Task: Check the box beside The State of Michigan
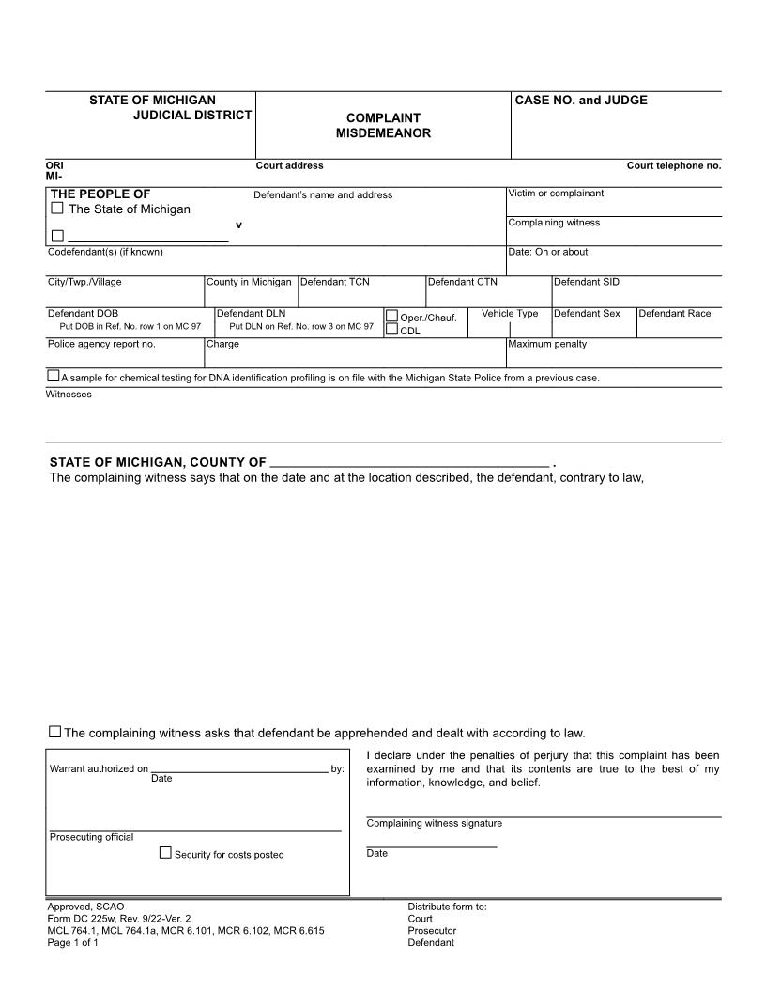[57, 209]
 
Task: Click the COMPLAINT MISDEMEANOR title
[383, 126]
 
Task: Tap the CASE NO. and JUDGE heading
[582, 101]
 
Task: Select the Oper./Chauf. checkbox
[392, 317]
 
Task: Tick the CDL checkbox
[392, 330]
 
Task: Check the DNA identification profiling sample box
[54, 377]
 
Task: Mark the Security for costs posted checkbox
[165, 853]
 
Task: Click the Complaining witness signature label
[434, 824]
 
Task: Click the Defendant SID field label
[587, 282]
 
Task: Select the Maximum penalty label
[547, 344]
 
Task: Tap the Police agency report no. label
[101, 344]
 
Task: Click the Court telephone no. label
[674, 166]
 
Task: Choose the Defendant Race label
[675, 313]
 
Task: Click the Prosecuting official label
[91, 837]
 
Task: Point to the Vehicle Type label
[510, 313]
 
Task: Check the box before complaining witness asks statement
[54, 732]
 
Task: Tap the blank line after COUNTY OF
[408, 461]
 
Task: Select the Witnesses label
[69, 395]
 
